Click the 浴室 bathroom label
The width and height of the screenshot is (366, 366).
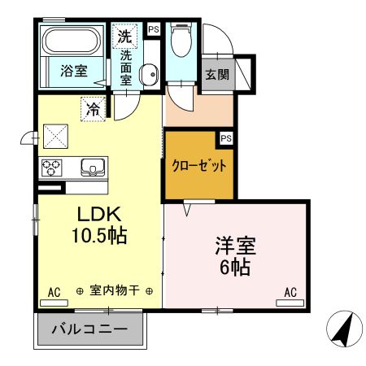click(x=74, y=72)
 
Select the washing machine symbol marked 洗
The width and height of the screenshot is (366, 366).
click(x=124, y=36)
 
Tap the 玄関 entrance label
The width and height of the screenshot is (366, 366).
click(x=216, y=75)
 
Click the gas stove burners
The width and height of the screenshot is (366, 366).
click(x=53, y=168)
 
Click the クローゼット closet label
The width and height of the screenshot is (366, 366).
click(x=198, y=165)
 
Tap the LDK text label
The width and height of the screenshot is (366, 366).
click(x=98, y=216)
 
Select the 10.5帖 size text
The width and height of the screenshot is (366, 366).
click(x=98, y=237)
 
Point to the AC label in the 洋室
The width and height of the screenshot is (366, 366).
click(x=290, y=292)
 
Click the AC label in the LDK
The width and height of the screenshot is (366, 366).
click(x=54, y=292)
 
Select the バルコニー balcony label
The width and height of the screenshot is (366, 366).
click(x=89, y=331)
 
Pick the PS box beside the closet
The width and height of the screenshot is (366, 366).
click(x=226, y=138)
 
